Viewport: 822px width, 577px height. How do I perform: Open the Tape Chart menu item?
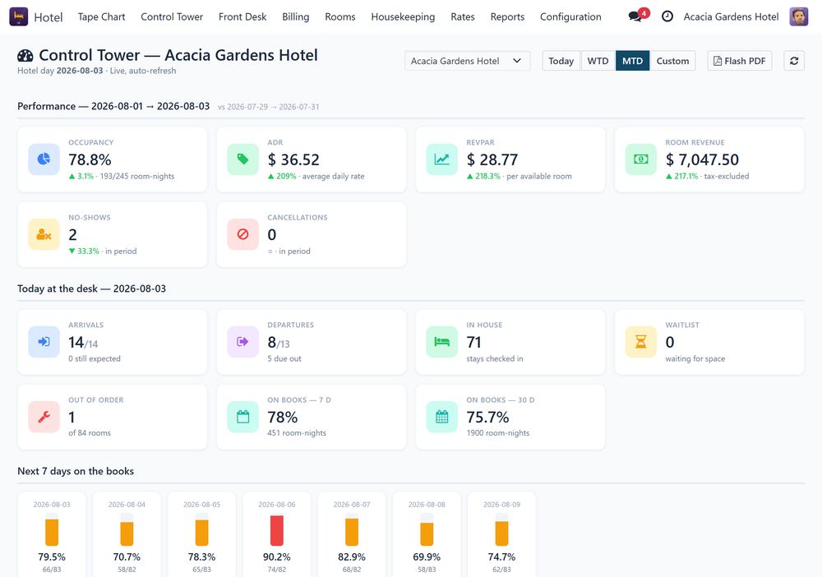[101, 16]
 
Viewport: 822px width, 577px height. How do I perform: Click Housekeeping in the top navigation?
[403, 16]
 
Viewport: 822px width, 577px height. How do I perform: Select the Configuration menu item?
[570, 16]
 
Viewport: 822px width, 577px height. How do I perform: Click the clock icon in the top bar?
[667, 16]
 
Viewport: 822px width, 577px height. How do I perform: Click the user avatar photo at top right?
[798, 16]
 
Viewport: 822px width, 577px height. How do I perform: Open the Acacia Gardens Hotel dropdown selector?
[467, 61]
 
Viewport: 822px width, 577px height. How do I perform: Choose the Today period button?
[561, 61]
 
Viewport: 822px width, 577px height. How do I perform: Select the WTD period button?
[598, 61]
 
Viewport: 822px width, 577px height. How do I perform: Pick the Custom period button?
[672, 61]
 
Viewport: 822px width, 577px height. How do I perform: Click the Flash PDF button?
[739, 61]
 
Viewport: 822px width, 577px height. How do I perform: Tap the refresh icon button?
[794, 61]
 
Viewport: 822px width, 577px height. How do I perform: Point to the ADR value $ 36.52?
[293, 159]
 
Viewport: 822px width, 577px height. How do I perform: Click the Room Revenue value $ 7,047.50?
[702, 159]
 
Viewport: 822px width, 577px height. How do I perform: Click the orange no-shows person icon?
[44, 235]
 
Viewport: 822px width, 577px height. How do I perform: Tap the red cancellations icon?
[242, 235]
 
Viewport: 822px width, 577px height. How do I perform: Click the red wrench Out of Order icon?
[44, 418]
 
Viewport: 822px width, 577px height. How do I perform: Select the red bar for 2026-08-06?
[277, 530]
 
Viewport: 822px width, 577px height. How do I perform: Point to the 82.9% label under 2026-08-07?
[352, 556]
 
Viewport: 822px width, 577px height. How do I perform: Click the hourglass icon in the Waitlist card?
[640, 342]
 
